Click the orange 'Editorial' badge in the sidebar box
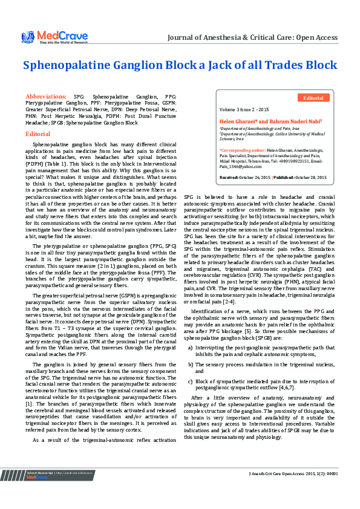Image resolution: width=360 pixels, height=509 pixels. click(x=313, y=97)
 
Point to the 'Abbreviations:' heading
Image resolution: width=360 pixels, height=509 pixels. click(x=45, y=97)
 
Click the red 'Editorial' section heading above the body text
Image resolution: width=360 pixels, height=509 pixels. click(x=38, y=134)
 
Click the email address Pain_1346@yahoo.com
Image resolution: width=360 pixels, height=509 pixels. click(x=239, y=166)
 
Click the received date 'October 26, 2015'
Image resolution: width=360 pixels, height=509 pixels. click(x=255, y=177)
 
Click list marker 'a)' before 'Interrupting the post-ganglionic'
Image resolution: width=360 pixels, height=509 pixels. click(x=191, y=348)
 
